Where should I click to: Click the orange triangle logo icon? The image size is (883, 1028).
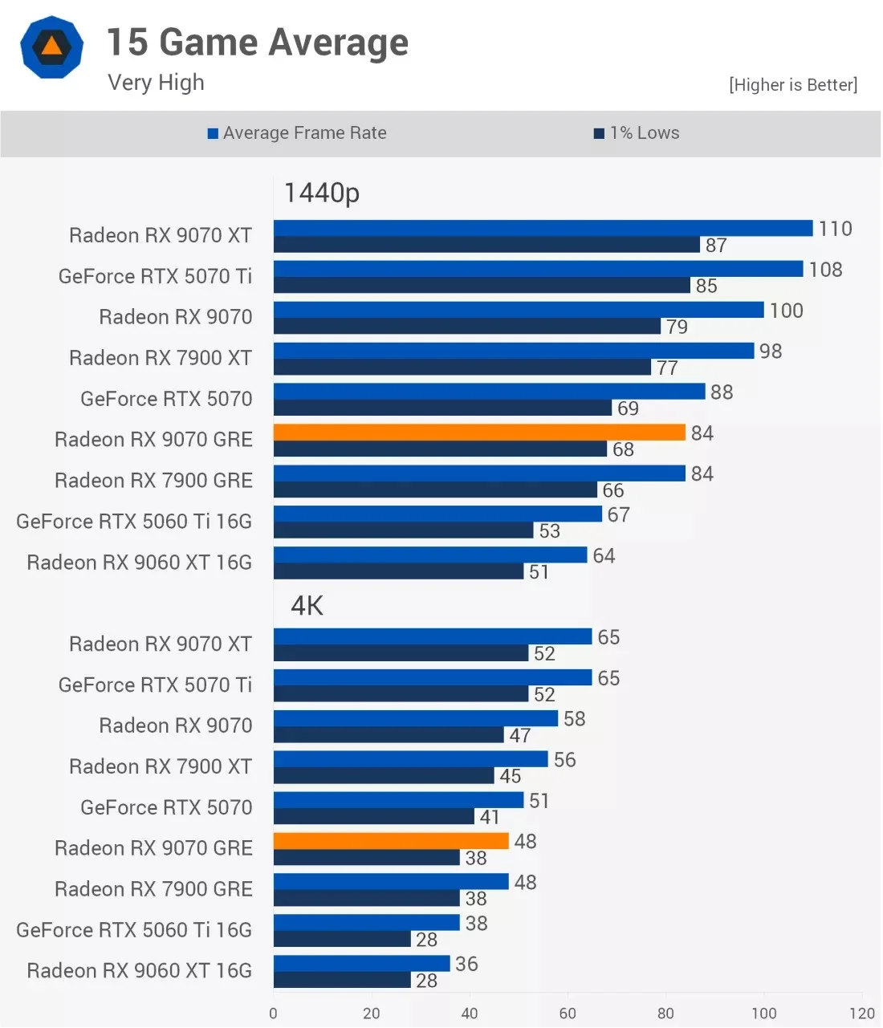click(x=51, y=47)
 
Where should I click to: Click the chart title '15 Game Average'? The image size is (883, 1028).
click(x=258, y=43)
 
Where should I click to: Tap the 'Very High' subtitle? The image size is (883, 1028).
click(x=156, y=83)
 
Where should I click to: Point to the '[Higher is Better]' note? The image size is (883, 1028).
click(x=793, y=84)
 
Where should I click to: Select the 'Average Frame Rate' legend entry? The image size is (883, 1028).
click(x=297, y=132)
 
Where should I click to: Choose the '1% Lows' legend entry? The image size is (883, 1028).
click(x=637, y=132)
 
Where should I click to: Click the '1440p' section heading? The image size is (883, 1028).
click(x=322, y=193)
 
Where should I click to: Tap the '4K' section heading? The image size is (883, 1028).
click(x=307, y=605)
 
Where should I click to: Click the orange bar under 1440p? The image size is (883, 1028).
click(x=479, y=433)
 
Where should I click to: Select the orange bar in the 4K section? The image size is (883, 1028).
click(x=391, y=840)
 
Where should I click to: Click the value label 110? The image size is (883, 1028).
click(x=835, y=229)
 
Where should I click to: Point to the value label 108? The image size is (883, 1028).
click(x=825, y=270)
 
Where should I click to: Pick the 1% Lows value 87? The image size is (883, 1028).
click(x=716, y=246)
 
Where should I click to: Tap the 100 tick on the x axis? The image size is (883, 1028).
click(x=763, y=1013)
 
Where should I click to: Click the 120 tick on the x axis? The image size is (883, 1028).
click(x=861, y=1013)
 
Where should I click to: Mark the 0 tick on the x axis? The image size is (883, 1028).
click(x=273, y=1013)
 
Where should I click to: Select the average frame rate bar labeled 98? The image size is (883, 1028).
click(x=514, y=351)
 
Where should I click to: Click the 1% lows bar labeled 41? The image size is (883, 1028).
click(x=373, y=816)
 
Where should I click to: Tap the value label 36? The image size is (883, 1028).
click(x=466, y=964)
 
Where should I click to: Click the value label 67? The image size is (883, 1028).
click(x=618, y=514)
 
